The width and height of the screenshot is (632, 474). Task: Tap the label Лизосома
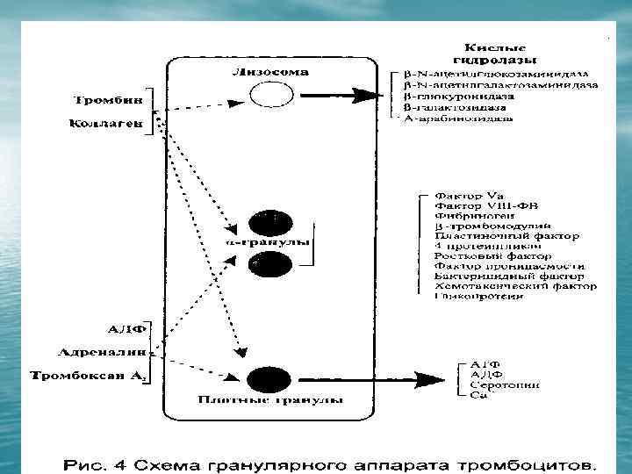(x=270, y=71)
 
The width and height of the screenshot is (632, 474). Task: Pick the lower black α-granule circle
(x=269, y=262)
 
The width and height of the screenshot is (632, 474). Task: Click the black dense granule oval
(x=269, y=380)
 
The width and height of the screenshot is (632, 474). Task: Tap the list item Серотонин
(x=505, y=385)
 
